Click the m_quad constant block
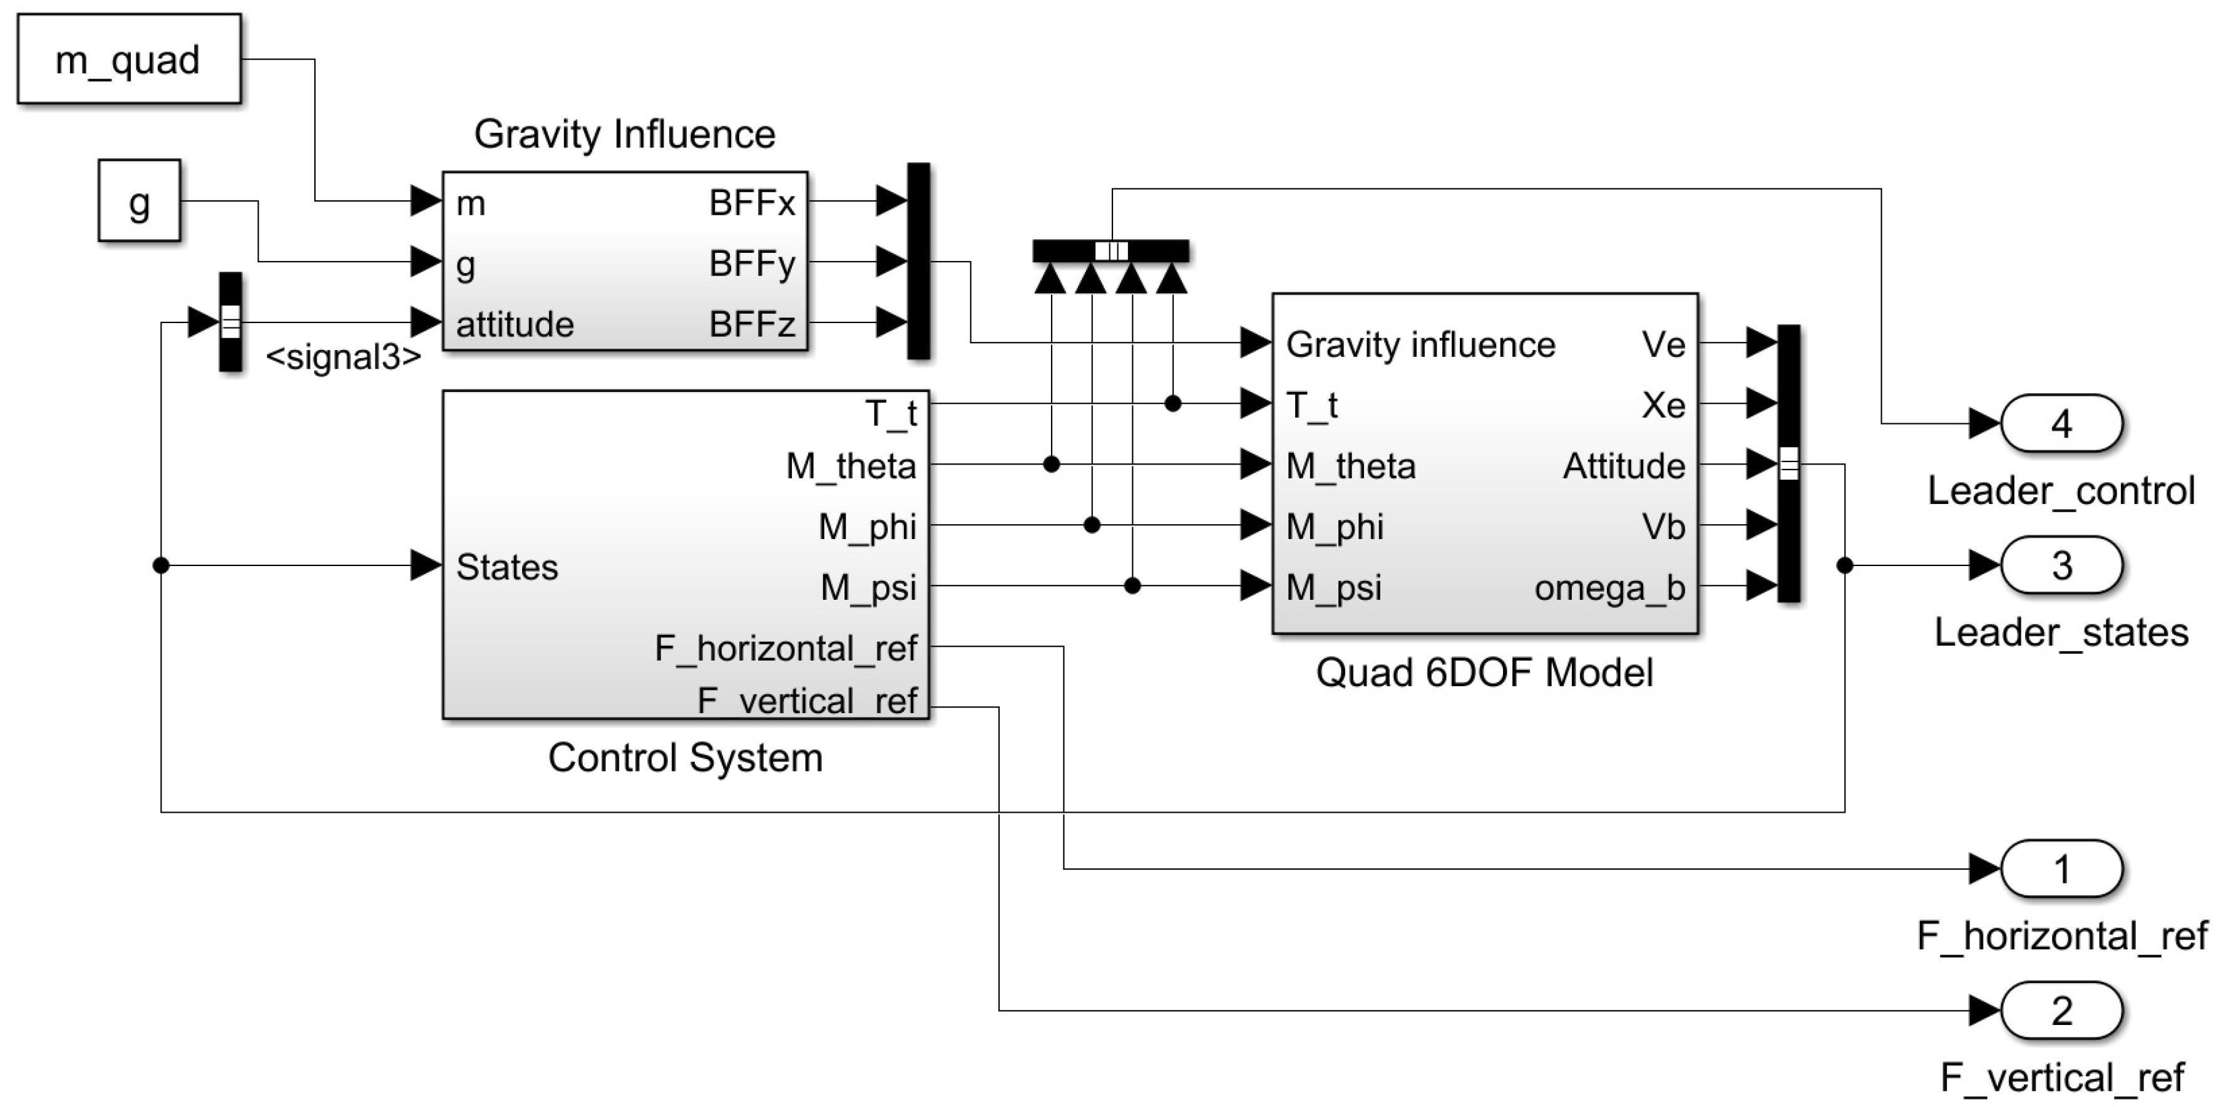coord(128,59)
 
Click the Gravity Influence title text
coord(624,135)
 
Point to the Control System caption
coord(685,758)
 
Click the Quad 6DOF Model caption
coord(1484,672)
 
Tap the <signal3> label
coord(343,357)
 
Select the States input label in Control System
coord(507,567)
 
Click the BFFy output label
coord(752,263)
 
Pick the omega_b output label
coord(1609,588)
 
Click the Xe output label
coord(1663,405)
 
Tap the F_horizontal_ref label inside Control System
coord(784,648)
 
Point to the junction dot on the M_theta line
coord(1051,465)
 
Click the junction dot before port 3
coord(1844,565)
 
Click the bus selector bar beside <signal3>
coord(230,322)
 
